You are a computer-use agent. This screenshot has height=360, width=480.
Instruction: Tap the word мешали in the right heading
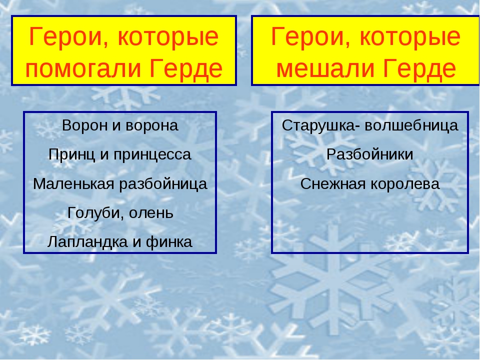pyautogui.click(x=325, y=68)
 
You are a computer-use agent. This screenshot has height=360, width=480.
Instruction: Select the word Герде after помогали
pyautogui.click(x=186, y=69)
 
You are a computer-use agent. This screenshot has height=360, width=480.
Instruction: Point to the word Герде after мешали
pyautogui.click(x=419, y=68)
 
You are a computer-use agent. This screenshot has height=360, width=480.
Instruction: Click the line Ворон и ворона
pyautogui.click(x=120, y=125)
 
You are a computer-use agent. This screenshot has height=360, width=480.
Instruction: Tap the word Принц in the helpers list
pyautogui.click(x=71, y=154)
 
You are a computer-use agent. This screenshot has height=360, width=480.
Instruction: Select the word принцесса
pyautogui.click(x=152, y=154)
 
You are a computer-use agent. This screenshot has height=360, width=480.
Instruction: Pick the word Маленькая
pyautogui.click(x=73, y=183)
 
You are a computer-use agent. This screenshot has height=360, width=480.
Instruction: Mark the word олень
pyautogui.click(x=151, y=213)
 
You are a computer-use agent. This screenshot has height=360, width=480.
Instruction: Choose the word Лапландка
pyautogui.click(x=87, y=242)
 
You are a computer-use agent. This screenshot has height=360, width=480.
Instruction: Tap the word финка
pyautogui.click(x=169, y=242)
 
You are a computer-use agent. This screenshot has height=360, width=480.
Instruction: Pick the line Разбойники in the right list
pyautogui.click(x=370, y=154)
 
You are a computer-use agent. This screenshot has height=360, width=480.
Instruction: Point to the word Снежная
pyautogui.click(x=333, y=184)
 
